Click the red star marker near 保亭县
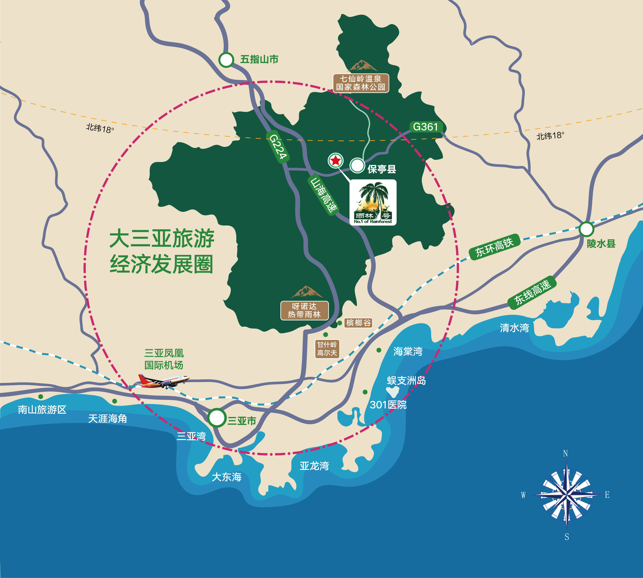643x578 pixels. pyautogui.click(x=335, y=161)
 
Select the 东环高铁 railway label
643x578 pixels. pyautogui.click(x=494, y=247)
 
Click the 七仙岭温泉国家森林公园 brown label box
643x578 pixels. pyautogui.click(x=361, y=83)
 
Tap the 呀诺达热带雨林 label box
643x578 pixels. pyautogui.click(x=304, y=310)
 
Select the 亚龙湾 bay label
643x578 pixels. pyautogui.click(x=314, y=466)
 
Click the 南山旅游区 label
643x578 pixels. pyautogui.click(x=42, y=410)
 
